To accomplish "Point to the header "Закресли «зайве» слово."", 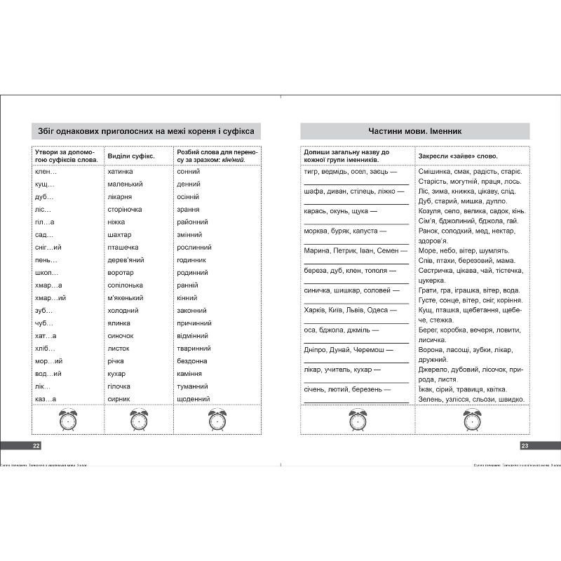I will (x=458, y=155).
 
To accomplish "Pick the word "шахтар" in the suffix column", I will (x=119, y=234).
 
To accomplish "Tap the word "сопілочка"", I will (x=125, y=285).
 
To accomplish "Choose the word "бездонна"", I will (x=193, y=361).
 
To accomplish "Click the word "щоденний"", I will (x=194, y=399).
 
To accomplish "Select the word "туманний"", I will (x=194, y=386).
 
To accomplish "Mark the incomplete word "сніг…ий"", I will (x=48, y=248).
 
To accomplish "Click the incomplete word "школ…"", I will (x=46, y=273).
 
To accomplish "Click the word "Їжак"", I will (x=426, y=389).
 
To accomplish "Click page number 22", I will (x=36, y=445).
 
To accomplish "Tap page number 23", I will (x=525, y=445).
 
